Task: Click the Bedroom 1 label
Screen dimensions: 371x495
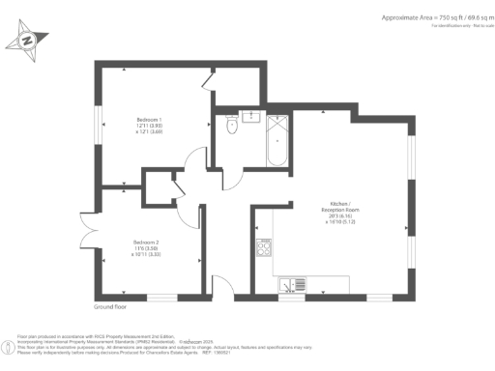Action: [x=148, y=119]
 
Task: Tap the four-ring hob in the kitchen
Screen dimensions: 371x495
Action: [x=262, y=245]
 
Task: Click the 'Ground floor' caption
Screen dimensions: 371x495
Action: [x=111, y=306]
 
